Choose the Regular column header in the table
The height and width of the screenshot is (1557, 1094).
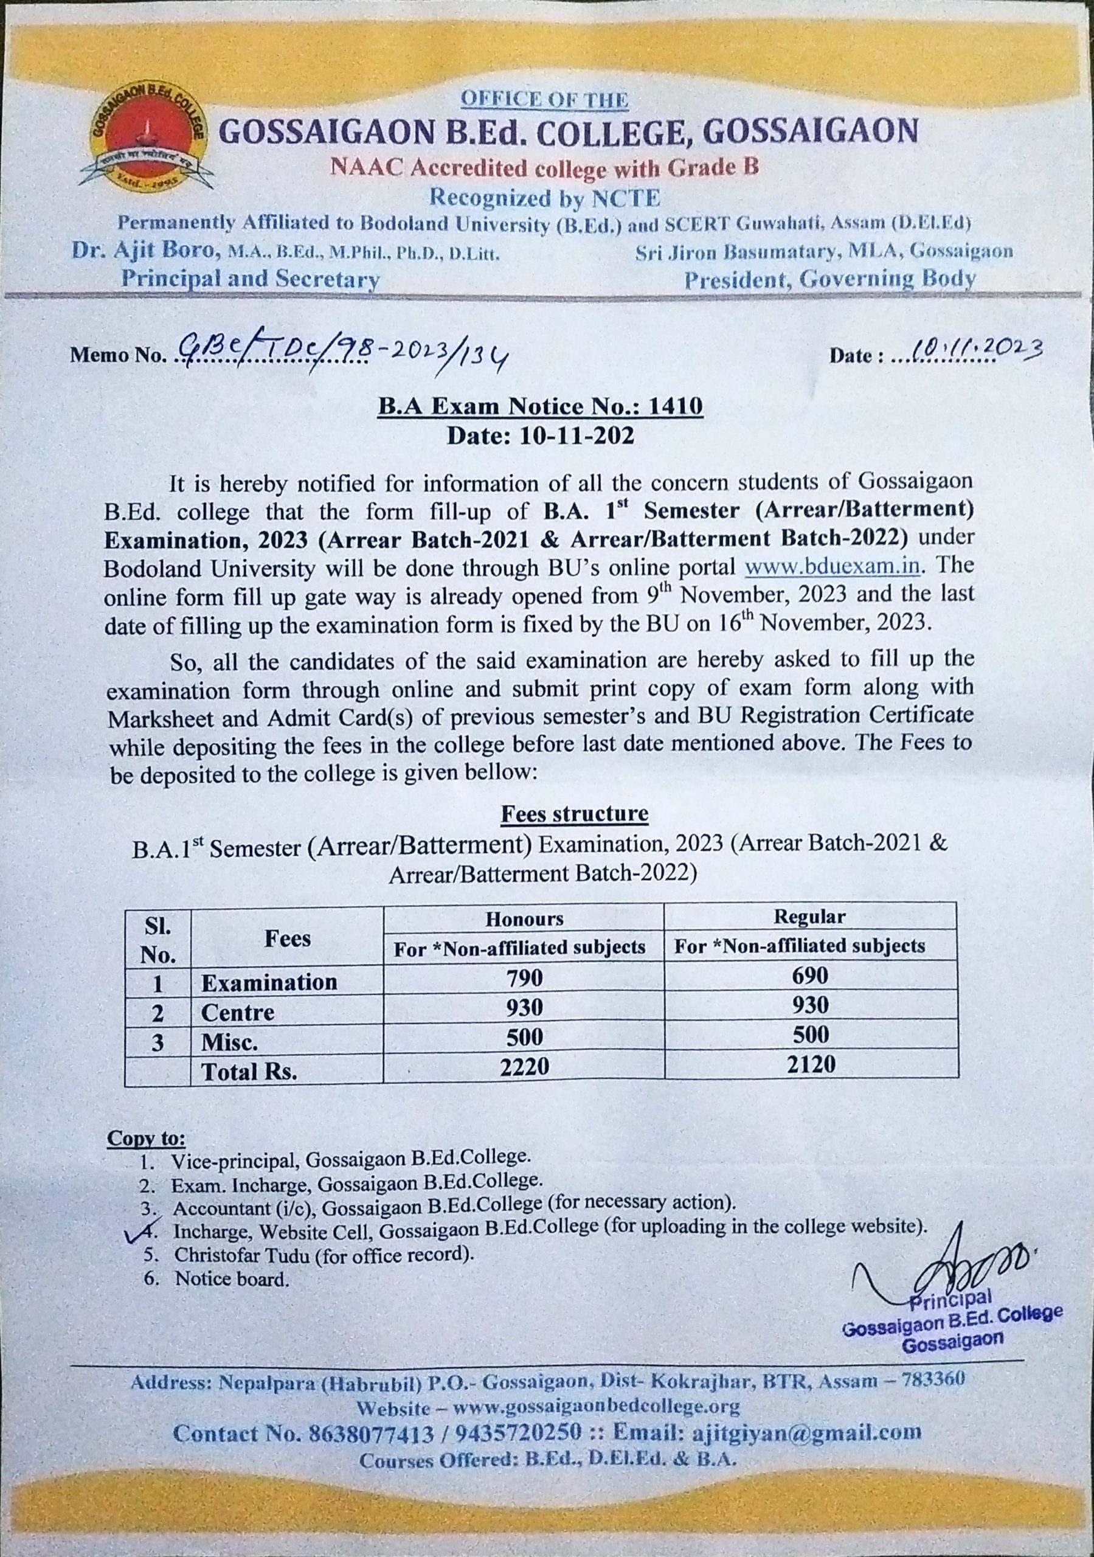[x=809, y=917]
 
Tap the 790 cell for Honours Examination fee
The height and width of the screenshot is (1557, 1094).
[x=524, y=977]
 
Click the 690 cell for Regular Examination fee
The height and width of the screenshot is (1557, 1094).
[x=811, y=975]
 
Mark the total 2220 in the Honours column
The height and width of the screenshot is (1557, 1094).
[x=524, y=1067]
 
